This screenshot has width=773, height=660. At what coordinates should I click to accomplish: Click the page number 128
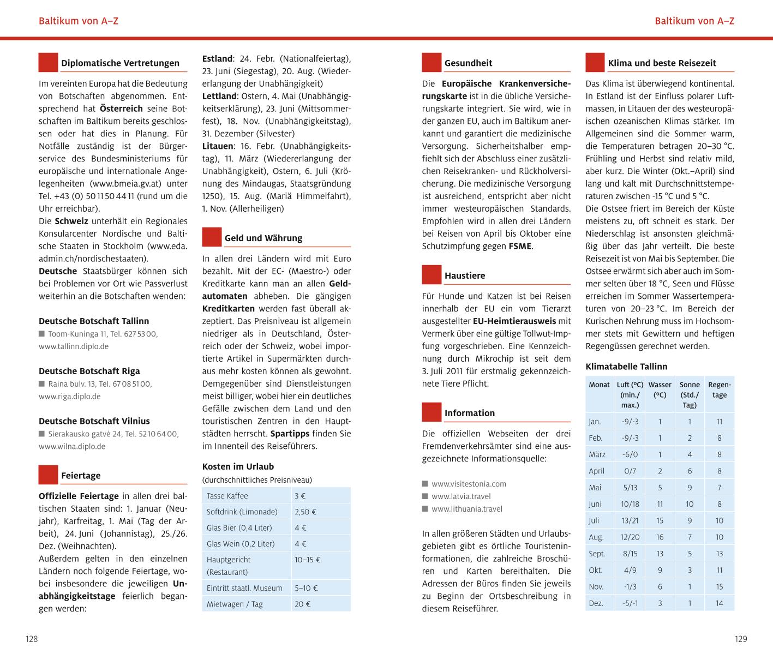click(32, 639)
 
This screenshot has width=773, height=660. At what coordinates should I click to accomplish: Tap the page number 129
click(740, 639)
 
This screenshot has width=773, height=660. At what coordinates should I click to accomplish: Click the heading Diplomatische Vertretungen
click(120, 63)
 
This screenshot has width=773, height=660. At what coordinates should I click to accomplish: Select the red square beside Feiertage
click(48, 475)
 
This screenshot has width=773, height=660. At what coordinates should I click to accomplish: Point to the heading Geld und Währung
click(263, 238)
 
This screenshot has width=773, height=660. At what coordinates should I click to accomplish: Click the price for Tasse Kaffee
click(300, 496)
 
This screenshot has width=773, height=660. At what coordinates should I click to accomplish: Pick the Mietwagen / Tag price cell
click(303, 604)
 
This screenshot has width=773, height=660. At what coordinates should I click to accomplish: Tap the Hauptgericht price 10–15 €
click(308, 560)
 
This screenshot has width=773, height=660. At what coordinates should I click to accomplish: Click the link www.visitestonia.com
click(469, 484)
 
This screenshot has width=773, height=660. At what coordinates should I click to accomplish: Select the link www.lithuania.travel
click(466, 509)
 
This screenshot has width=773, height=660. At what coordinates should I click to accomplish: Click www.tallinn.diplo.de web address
click(74, 346)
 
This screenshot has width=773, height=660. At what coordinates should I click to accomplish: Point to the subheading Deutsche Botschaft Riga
click(89, 371)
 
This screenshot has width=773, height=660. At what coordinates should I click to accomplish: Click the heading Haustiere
click(465, 275)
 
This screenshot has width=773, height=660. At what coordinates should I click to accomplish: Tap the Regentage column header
click(719, 389)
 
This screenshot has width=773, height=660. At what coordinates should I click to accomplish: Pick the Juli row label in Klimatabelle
click(594, 520)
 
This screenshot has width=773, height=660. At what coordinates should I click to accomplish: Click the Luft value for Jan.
click(630, 421)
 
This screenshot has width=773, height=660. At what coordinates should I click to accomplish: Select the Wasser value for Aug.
click(660, 537)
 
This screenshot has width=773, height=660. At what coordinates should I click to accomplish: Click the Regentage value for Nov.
click(719, 586)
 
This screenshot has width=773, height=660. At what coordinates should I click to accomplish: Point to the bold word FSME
click(520, 246)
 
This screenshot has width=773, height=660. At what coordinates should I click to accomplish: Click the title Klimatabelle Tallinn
click(626, 367)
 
